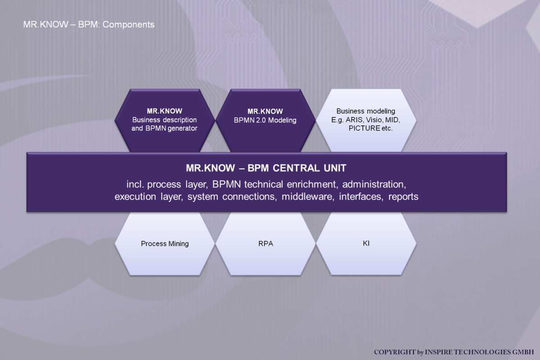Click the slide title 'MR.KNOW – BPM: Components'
(89, 25)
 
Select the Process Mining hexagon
(165, 243)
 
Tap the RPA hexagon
(265, 243)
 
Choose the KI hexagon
(366, 243)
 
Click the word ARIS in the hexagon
(354, 120)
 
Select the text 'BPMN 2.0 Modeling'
(265, 120)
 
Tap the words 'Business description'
(164, 120)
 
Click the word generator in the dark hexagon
(183, 129)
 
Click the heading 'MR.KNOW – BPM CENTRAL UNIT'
(266, 168)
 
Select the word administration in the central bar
(374, 184)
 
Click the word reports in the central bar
(403, 197)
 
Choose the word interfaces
(361, 197)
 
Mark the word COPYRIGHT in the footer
(395, 352)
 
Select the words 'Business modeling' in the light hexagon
(366, 111)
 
